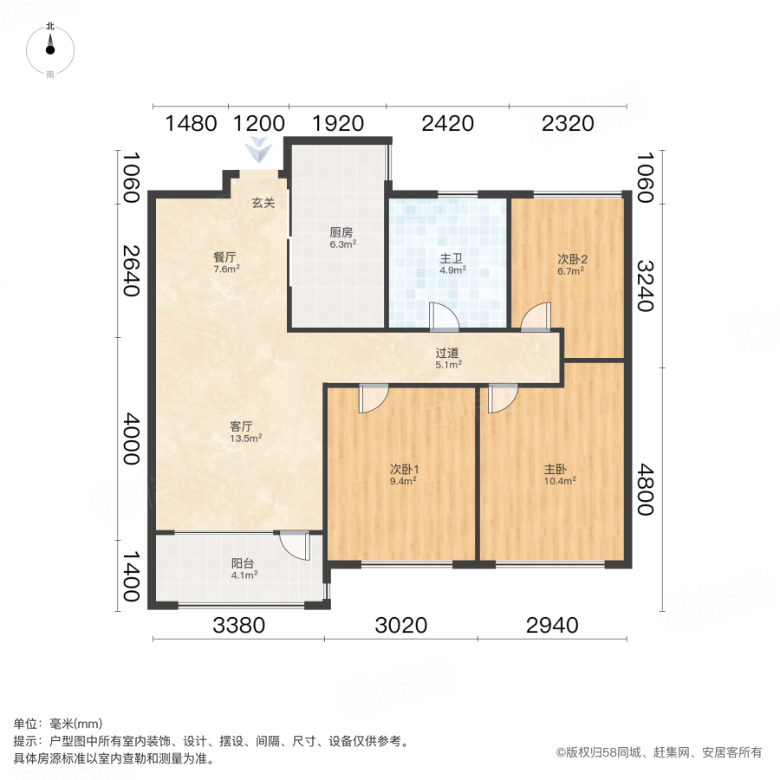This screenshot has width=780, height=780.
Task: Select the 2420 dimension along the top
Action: click(x=447, y=124)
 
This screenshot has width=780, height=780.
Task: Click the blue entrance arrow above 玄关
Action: click(x=257, y=150)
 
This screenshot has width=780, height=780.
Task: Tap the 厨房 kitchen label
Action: click(x=341, y=232)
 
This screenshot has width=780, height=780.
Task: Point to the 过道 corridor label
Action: click(x=447, y=353)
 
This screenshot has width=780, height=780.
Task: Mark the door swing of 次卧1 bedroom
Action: click(x=374, y=398)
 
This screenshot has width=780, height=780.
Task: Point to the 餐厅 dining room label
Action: click(x=225, y=257)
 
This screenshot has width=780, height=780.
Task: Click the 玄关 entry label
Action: click(x=263, y=204)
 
